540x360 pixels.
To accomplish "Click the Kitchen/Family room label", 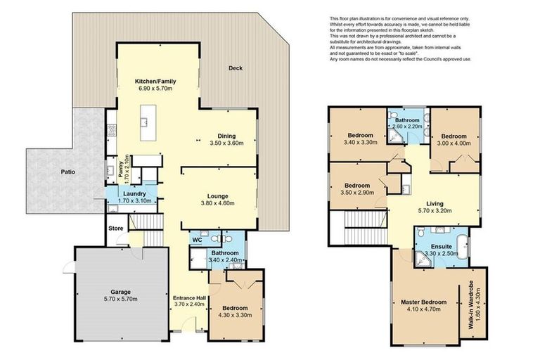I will [155, 82].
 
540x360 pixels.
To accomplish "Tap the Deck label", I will [235, 68].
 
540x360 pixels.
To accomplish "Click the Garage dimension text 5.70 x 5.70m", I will [113, 299].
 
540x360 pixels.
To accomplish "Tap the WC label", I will [198, 240].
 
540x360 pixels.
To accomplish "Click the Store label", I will [115, 228].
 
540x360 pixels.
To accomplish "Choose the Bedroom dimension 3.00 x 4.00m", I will [454, 144].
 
